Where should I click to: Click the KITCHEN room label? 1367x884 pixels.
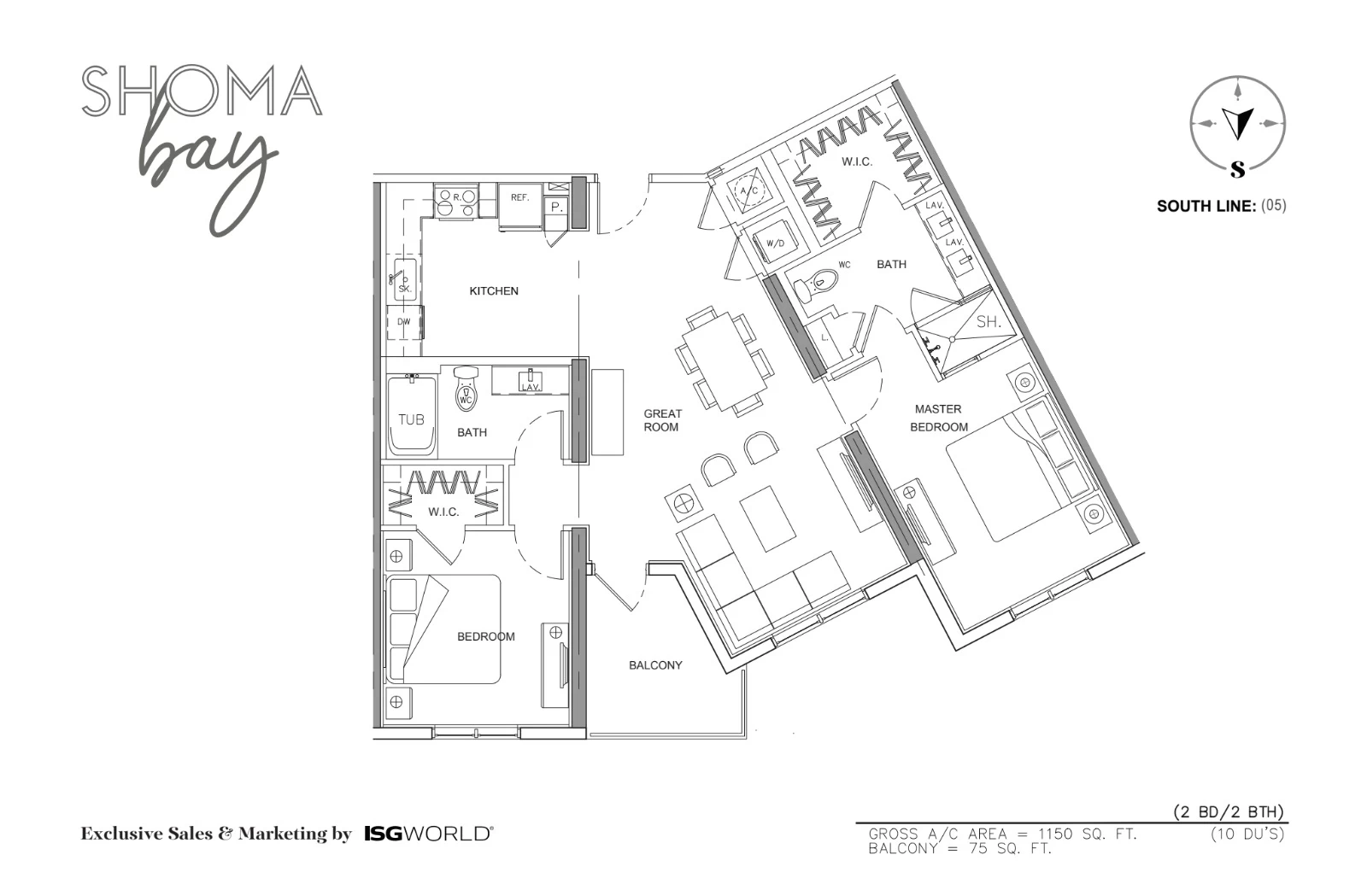[494, 291]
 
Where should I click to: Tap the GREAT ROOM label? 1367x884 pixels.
[662, 420]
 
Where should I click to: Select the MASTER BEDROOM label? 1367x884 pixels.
[939, 418]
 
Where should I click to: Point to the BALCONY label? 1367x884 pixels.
[655, 665]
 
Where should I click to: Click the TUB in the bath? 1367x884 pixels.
[412, 416]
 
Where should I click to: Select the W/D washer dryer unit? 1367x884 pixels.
[777, 241]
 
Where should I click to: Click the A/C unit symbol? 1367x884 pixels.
[749, 190]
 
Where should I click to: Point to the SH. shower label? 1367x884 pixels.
[989, 321]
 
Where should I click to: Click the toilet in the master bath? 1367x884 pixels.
[815, 284]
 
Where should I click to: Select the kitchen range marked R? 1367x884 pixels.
[456, 202]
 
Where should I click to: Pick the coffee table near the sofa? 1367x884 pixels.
[768, 518]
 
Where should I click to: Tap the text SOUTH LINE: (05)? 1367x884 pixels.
[1221, 206]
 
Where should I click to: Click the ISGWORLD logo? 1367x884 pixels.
[429, 834]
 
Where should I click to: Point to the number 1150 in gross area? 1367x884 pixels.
[1055, 834]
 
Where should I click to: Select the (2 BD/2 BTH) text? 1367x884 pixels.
[1229, 812]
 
